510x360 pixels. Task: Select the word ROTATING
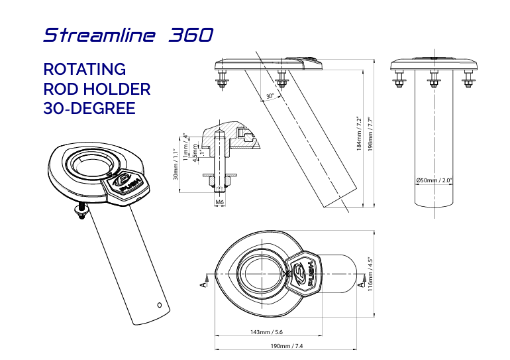84,69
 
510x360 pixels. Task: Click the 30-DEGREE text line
89,108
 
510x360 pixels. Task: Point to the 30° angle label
270,97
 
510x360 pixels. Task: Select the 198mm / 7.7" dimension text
370,134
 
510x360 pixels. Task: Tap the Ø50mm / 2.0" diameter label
434,180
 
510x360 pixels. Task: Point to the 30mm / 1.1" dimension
177,164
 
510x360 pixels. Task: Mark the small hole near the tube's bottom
159,305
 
